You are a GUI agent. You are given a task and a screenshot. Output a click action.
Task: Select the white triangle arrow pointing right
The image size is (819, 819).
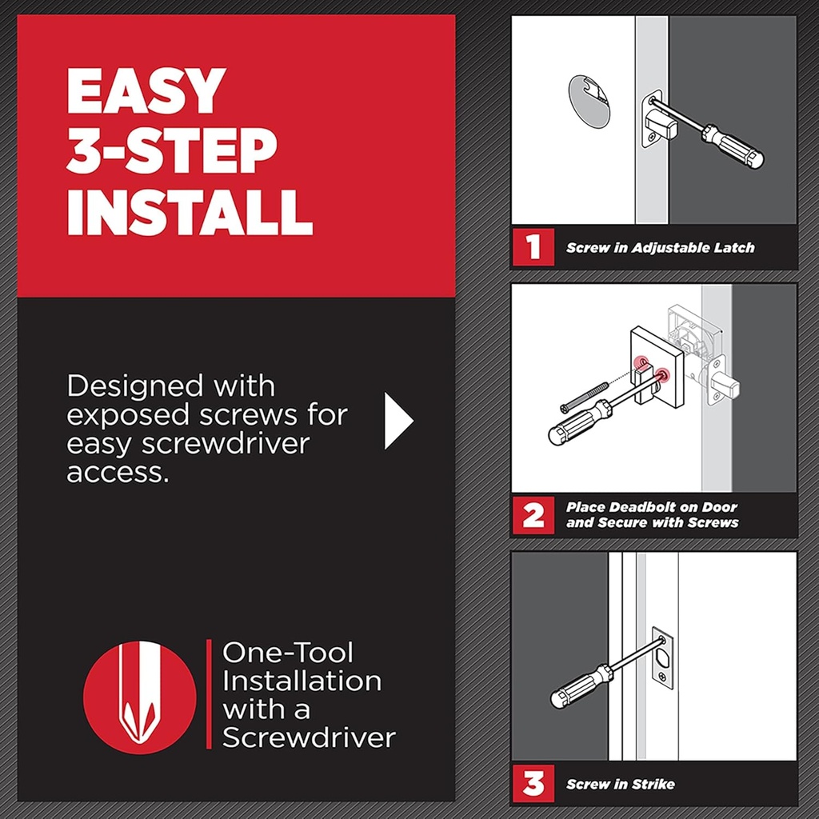(398, 420)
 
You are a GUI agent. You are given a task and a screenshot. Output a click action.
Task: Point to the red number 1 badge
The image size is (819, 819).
(533, 247)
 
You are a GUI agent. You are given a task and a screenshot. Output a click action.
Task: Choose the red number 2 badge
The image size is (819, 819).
(533, 514)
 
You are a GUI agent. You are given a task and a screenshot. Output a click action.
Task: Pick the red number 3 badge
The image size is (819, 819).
(533, 784)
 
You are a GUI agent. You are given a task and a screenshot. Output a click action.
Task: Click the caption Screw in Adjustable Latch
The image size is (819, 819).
(660, 248)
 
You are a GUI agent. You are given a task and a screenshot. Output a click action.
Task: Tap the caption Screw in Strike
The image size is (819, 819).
(620, 785)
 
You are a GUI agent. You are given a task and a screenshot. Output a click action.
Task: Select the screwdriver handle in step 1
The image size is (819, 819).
(733, 145)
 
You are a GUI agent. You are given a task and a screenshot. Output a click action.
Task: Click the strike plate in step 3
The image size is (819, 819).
(663, 657)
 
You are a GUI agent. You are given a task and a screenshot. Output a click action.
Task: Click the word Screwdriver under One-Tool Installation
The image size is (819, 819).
(309, 737)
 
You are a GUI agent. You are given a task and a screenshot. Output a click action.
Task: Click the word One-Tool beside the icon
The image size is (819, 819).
(287, 652)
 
